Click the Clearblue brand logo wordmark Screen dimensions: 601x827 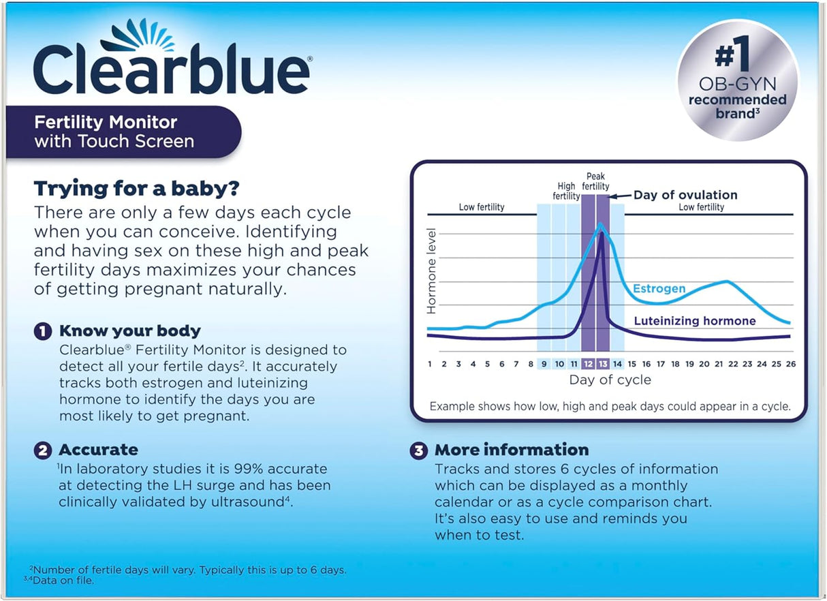click(172, 69)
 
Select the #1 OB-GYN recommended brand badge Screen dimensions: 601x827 click(737, 80)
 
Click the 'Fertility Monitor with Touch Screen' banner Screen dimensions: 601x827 click(123, 132)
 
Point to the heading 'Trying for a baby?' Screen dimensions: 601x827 click(137, 188)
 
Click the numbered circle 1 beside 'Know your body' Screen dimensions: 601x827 click(43, 332)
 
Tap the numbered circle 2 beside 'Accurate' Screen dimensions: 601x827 click(43, 450)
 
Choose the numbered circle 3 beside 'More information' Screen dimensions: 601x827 click(418, 450)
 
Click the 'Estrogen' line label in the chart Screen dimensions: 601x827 click(659, 289)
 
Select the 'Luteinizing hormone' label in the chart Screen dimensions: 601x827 click(695, 321)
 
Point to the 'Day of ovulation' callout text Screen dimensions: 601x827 click(685, 196)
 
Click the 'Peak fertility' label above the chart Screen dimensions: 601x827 click(595, 181)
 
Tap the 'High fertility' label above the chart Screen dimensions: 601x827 click(566, 191)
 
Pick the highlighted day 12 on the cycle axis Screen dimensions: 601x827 click(589, 364)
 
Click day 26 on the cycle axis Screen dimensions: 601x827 click(790, 364)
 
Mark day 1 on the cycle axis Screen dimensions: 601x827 click(430, 364)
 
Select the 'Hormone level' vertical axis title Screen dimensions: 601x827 click(431, 272)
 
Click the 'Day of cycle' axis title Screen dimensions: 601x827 click(610, 380)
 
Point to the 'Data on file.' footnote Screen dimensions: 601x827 click(65, 581)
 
